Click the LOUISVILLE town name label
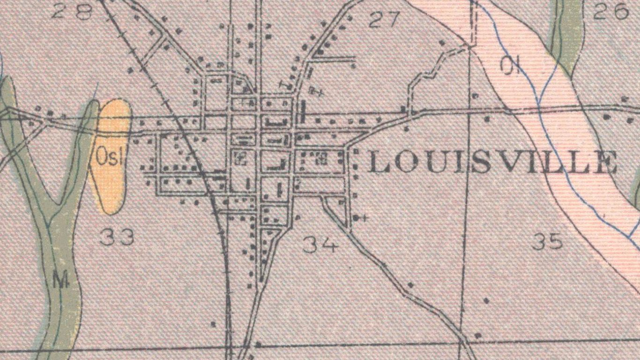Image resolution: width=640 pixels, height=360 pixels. pyautogui.click(x=492, y=163)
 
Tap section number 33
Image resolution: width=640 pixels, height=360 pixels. pyautogui.click(x=117, y=237)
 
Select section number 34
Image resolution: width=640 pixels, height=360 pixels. pyautogui.click(x=320, y=244)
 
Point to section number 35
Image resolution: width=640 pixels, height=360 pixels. pyautogui.click(x=547, y=242)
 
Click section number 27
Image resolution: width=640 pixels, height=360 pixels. pyautogui.click(x=384, y=19)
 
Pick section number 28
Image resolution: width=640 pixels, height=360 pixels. pyautogui.click(x=71, y=11)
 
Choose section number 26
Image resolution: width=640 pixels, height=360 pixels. pyautogui.click(x=610, y=12)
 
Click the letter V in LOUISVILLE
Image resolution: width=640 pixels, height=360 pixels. pyautogui.click(x=506, y=163)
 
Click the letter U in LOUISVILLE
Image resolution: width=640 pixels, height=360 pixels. pyautogui.click(x=435, y=163)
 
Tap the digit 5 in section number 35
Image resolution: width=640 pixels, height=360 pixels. pyautogui.click(x=555, y=242)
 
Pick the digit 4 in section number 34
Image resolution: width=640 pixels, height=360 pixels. pyautogui.click(x=329, y=244)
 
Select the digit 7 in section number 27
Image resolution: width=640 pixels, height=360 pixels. pyautogui.click(x=393, y=19)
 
